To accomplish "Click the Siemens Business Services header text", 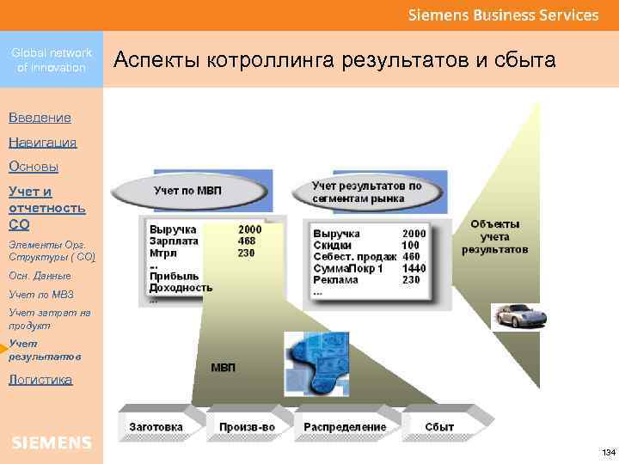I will [503, 15].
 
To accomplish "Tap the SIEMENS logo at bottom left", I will [52, 443].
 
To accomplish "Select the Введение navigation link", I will [40, 117].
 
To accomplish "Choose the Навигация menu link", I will [42, 142].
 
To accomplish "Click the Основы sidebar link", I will [34, 167].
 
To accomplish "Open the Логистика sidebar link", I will [40, 379].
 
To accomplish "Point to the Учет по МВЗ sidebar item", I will [41, 295].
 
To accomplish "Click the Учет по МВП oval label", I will [187, 190].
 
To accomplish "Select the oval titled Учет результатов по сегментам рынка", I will [367, 192].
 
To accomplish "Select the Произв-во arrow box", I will [248, 427].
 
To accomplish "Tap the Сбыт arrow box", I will [440, 427].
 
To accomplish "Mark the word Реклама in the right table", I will [336, 280].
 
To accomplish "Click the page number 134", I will [608, 452].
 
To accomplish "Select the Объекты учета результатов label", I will [494, 237].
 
